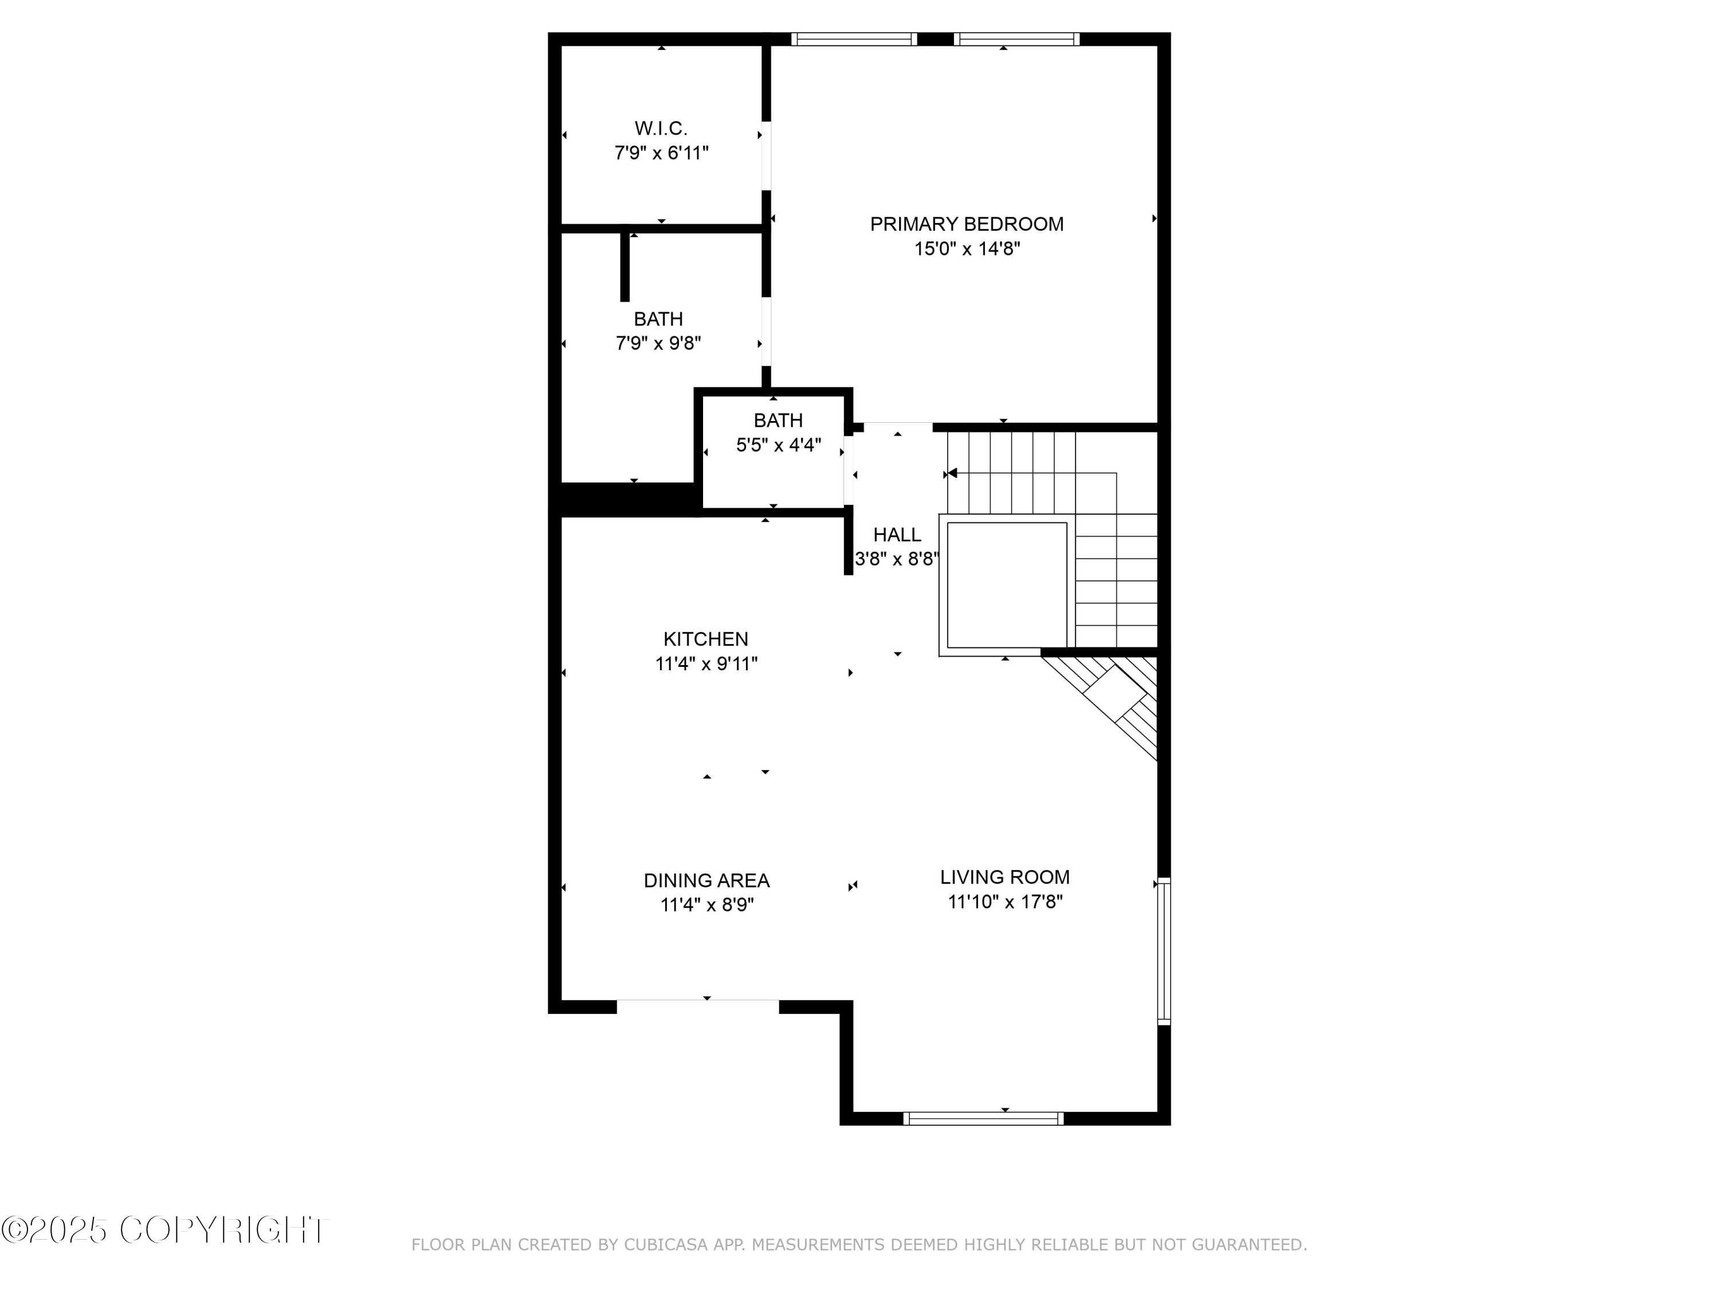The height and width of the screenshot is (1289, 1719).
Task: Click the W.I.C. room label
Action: tap(661, 128)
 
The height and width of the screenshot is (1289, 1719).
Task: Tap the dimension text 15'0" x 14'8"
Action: tap(967, 249)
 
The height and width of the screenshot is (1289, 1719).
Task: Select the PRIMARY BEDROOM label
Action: tap(967, 225)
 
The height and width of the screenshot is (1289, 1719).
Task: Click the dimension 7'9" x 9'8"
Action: tap(658, 343)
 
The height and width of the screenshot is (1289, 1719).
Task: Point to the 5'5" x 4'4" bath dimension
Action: tap(779, 445)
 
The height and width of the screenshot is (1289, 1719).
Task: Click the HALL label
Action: tap(897, 535)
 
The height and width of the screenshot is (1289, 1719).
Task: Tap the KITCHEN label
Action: tap(705, 639)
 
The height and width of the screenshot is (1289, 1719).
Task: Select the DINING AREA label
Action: tap(707, 881)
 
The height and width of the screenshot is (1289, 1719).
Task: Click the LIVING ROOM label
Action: tap(1005, 877)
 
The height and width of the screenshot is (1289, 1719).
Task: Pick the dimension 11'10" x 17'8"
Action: tap(1005, 902)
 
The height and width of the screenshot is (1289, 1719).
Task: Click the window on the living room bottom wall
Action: tap(983, 1119)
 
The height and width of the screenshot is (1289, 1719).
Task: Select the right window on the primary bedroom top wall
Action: tap(1017, 40)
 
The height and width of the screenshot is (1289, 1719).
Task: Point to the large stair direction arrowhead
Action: tap(952, 473)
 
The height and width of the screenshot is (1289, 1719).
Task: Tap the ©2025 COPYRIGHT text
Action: tap(165, 1230)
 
